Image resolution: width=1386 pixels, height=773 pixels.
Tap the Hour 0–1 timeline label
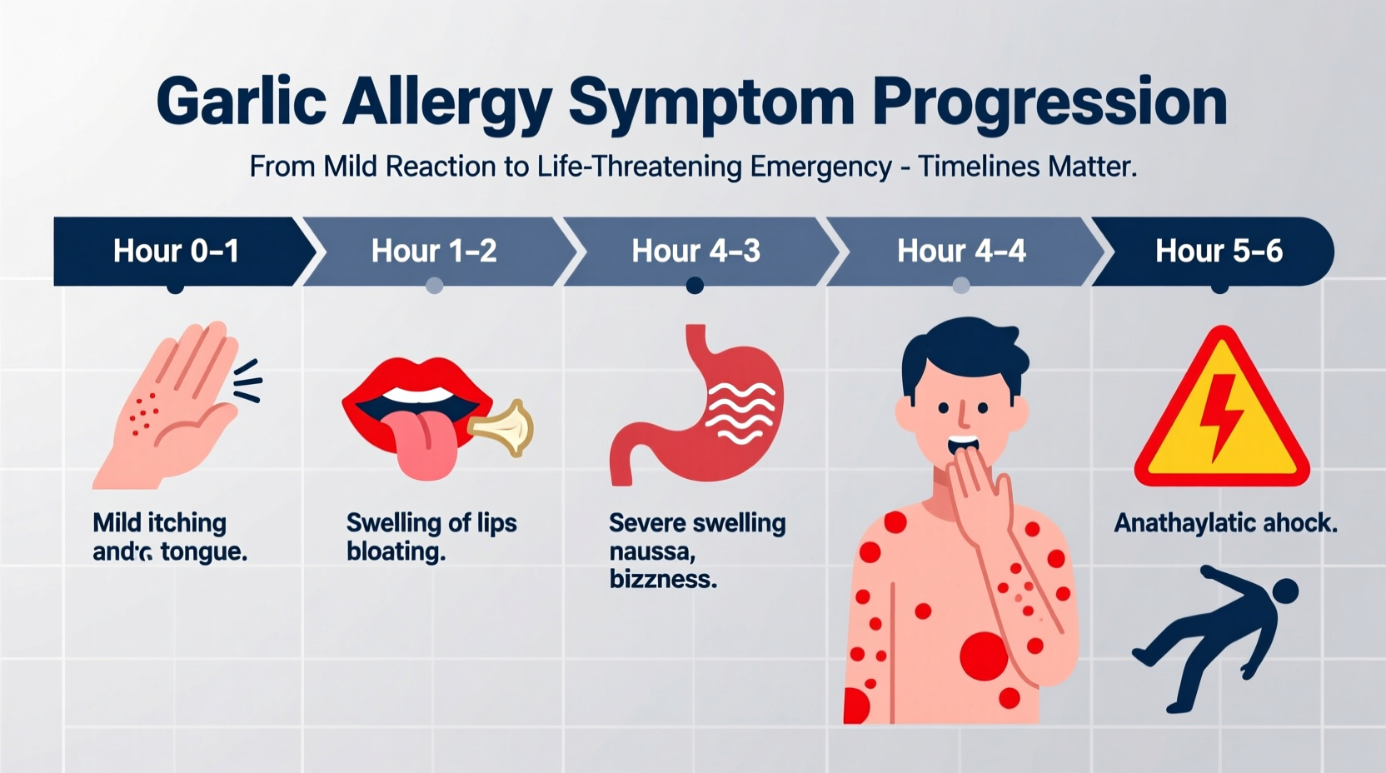coord(176,251)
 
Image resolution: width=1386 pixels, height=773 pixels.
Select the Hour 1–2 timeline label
coord(434,251)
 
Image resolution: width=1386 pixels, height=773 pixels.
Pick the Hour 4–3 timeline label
coord(695,251)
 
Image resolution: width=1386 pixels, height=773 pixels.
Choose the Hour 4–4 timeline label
coord(961,251)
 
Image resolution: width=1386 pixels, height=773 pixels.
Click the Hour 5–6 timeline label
coord(1219,251)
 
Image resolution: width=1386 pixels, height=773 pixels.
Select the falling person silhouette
coord(1216,637)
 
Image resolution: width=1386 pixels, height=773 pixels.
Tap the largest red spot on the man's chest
coord(984,656)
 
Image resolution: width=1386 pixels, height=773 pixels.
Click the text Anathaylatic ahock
coord(1225,523)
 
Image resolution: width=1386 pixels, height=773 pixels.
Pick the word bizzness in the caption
coord(663,579)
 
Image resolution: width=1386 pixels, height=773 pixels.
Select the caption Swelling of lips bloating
coord(431,536)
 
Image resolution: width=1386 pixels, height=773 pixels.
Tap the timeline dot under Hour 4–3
coord(695,287)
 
